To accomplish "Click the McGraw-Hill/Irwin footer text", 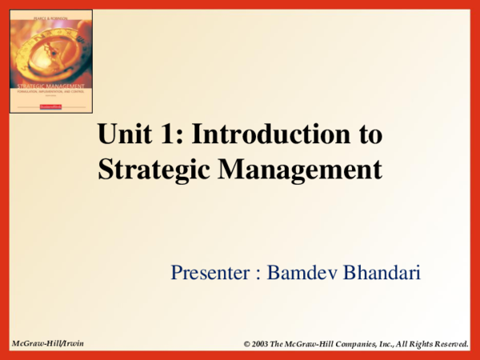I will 47,342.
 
